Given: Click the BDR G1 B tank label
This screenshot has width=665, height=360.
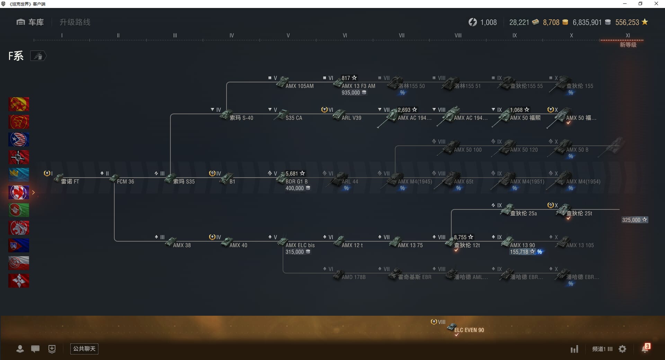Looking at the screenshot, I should (296, 181).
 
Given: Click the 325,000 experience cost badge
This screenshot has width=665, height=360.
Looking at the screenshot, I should (634, 220).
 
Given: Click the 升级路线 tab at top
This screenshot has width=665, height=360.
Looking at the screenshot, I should (75, 22).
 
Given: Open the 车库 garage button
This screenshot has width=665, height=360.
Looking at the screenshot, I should (30, 22).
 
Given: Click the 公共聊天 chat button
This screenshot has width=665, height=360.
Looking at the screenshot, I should (84, 349).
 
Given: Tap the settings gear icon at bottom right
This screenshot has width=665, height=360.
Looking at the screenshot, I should (622, 349).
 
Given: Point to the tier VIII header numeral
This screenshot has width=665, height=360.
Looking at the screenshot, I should (458, 35).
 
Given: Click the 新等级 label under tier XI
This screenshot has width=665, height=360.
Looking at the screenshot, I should (628, 45).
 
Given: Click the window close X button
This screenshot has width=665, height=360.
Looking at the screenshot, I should (656, 4).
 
